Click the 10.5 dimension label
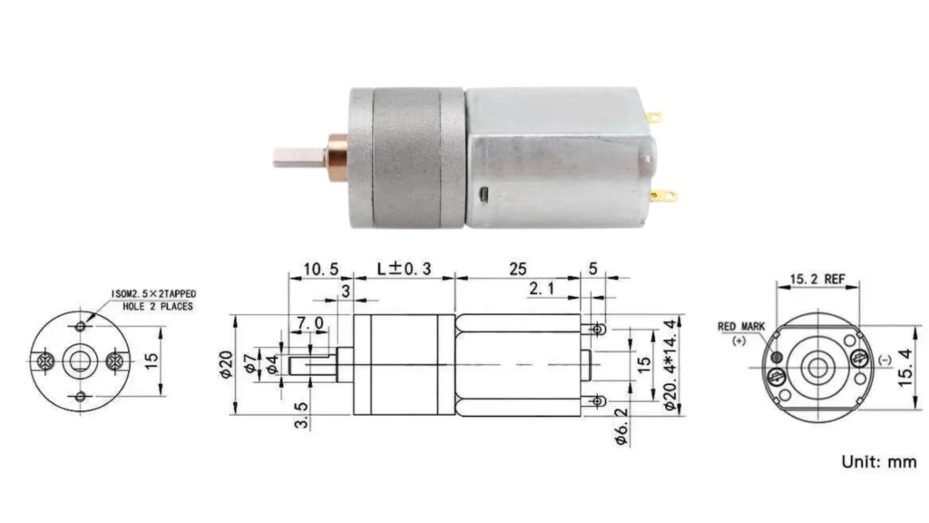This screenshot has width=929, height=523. click(x=321, y=269)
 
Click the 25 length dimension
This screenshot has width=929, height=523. click(x=518, y=269)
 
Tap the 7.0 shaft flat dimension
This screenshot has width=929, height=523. click(x=308, y=323)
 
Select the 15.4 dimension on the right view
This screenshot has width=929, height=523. click(x=904, y=365)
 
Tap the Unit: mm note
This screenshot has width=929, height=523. click(x=878, y=462)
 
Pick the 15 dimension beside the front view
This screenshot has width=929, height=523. click(x=152, y=360)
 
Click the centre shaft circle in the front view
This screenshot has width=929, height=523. click(x=80, y=361)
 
